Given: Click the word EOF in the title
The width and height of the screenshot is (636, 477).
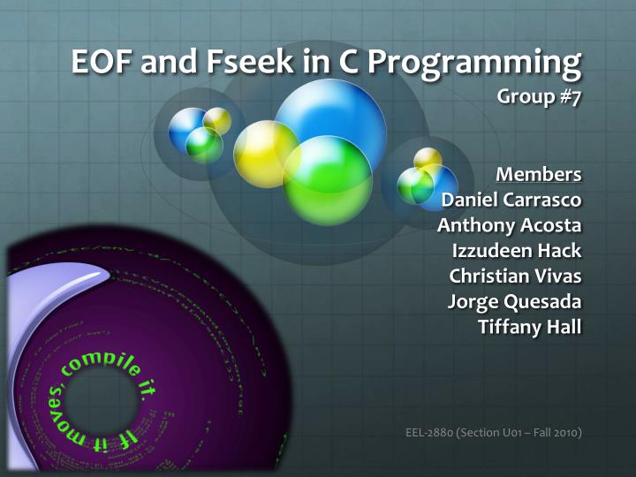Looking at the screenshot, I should click(x=99, y=64).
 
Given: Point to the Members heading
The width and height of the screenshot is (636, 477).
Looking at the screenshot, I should click(x=539, y=172).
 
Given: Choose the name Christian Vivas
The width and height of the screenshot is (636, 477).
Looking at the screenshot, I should click(x=516, y=276).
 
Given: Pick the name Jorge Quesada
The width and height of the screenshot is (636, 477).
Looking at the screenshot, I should click(x=516, y=302).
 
